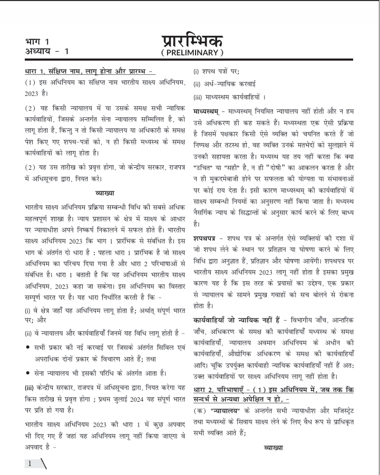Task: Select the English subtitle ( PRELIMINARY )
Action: [192, 53]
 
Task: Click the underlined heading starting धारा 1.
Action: [89, 71]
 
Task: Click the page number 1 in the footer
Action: [31, 463]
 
